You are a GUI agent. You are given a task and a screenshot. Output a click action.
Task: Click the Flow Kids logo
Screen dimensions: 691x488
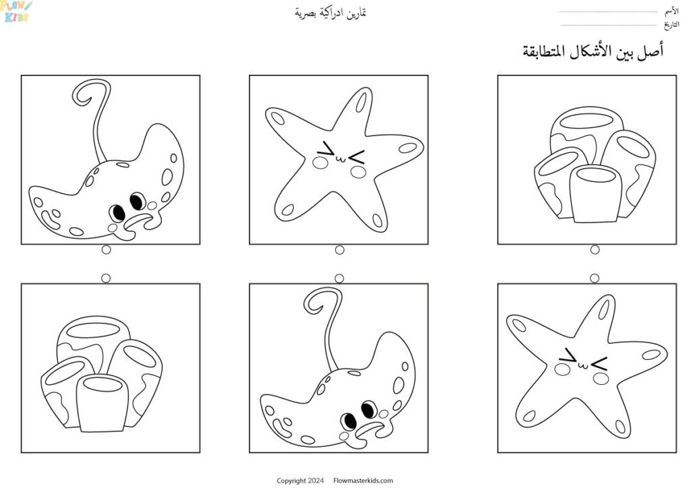pos(16,11)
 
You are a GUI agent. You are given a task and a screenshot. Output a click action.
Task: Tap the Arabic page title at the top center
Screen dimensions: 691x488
pos(331,13)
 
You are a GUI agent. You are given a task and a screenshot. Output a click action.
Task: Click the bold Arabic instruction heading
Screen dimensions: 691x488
pos(592,51)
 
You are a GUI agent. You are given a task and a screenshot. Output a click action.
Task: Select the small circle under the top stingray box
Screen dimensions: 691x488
pos(106,249)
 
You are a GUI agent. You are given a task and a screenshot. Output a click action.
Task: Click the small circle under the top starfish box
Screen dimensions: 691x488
pos(339,250)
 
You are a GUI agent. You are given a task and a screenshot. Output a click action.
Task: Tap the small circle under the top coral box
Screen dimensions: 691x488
pos(595,249)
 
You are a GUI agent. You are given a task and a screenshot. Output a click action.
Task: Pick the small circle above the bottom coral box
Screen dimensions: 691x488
pos(106,278)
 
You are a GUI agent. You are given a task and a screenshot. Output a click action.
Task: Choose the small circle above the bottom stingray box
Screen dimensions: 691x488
pos(339,278)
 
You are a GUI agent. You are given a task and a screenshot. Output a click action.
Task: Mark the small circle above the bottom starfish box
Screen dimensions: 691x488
pos(595,278)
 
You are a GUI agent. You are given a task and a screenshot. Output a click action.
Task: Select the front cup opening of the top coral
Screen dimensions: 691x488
pos(596,175)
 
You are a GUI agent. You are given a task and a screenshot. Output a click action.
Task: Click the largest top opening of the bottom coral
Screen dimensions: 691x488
pos(94,330)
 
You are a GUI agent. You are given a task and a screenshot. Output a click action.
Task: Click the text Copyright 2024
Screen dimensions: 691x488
pos(300,481)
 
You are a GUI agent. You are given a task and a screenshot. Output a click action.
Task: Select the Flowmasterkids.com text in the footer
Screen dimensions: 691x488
pos(363,481)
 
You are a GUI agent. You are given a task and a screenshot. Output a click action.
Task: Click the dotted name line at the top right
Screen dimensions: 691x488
pos(608,11)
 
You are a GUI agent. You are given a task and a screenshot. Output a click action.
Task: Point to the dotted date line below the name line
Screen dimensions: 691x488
pos(608,25)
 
